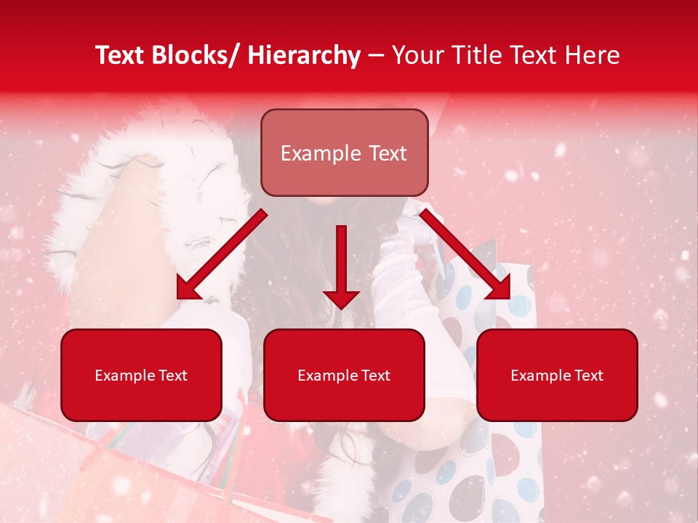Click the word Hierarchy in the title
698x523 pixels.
click(x=304, y=56)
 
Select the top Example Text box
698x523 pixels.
click(x=344, y=153)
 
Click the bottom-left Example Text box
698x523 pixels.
click(x=141, y=375)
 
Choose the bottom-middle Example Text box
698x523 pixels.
click(x=344, y=375)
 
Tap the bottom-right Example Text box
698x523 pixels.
click(x=557, y=375)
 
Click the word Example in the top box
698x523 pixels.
click(x=320, y=153)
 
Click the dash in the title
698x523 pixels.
click(x=375, y=56)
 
